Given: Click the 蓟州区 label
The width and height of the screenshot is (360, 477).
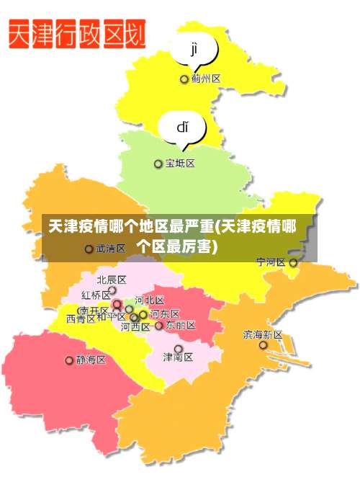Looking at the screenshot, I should (206, 79).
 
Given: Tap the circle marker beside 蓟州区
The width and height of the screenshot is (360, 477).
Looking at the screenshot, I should (184, 79).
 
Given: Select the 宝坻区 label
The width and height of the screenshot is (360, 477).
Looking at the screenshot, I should (180, 164).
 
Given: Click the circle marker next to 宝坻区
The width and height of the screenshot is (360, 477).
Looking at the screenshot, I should (158, 164).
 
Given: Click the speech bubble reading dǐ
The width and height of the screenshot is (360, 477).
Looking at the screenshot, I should (182, 128).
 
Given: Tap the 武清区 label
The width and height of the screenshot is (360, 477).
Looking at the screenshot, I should (110, 249).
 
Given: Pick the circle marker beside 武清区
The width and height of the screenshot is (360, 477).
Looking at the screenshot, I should (89, 249).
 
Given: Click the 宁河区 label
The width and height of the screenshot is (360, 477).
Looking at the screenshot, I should (271, 262).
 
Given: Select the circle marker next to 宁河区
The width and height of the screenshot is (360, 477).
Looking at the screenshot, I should (293, 263).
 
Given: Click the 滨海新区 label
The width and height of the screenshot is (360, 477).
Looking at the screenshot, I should (263, 334).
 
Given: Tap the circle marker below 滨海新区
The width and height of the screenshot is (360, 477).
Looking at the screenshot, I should (264, 345).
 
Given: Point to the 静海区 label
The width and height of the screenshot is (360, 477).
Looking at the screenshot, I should (91, 359).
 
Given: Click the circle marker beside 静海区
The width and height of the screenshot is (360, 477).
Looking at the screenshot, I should (70, 360).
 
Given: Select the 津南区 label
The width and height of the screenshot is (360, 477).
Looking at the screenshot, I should (178, 357).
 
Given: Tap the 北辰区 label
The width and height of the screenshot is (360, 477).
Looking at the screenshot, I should (112, 280).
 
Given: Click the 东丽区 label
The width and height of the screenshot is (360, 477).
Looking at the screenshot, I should (180, 325).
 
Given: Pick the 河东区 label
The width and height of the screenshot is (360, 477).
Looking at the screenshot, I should (165, 313).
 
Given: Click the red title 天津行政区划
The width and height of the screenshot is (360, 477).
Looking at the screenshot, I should (77, 35).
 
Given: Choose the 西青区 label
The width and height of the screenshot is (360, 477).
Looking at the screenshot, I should (81, 318).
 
